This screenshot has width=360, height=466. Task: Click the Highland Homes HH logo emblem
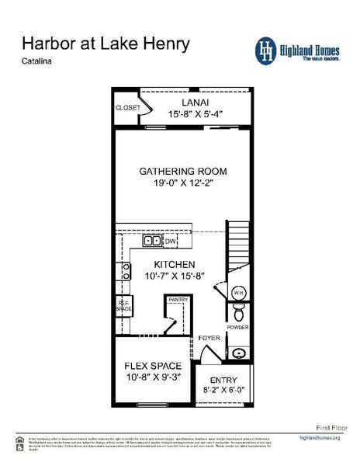click(x=267, y=49)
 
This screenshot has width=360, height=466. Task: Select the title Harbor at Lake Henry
click(x=106, y=43)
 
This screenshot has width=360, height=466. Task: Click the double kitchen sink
click(x=151, y=242)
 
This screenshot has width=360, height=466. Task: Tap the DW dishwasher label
click(x=171, y=242)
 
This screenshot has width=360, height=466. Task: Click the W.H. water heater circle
click(x=240, y=293)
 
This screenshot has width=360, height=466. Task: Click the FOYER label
click(x=208, y=339)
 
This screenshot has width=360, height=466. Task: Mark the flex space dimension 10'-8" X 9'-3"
click(x=153, y=378)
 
